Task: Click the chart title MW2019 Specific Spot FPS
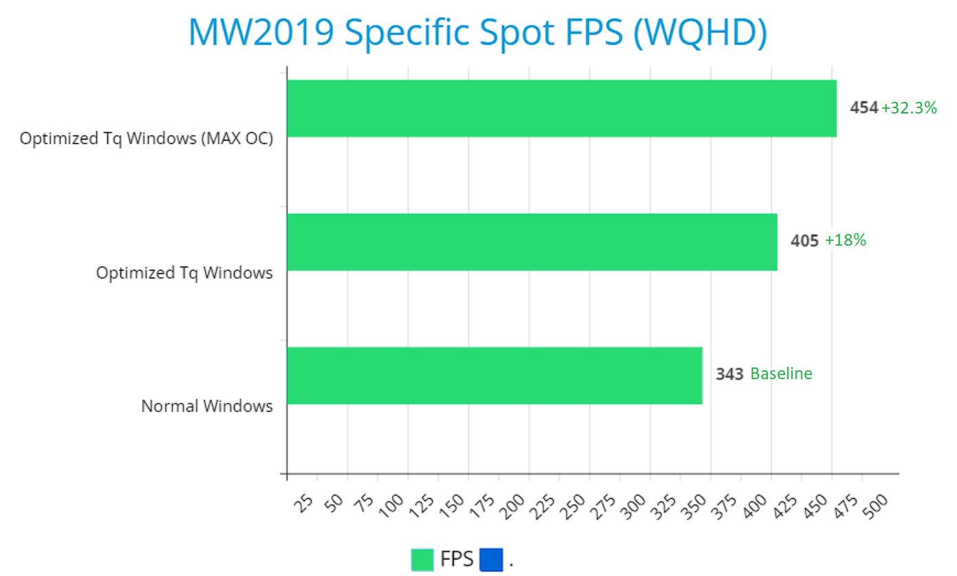click(477, 32)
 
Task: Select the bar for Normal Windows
click(494, 375)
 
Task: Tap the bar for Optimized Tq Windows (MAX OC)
click(561, 108)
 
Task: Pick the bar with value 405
click(532, 242)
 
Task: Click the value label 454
click(864, 107)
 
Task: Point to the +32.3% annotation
click(909, 107)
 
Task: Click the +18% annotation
click(845, 241)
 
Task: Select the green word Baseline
click(781, 374)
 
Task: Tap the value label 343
click(729, 374)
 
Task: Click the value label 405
click(804, 241)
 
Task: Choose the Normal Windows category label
click(207, 406)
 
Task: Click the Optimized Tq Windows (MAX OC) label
click(147, 139)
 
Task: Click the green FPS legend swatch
click(422, 559)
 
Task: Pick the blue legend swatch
click(491, 559)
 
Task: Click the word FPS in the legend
click(457, 559)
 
